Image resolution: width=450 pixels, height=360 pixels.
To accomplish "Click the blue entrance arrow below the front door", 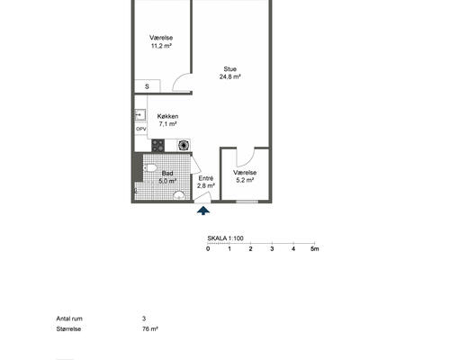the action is (203, 211).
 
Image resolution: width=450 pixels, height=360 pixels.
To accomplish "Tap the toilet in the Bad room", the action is (149, 168).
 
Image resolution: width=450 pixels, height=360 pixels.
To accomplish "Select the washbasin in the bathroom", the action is (179, 195).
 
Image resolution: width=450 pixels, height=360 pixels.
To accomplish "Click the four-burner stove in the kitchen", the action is (158, 146).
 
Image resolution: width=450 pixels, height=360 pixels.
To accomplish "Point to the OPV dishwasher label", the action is (141, 129).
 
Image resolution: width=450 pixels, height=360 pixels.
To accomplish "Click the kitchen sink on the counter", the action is (140, 114).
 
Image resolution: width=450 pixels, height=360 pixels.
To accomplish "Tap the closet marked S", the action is (147, 86).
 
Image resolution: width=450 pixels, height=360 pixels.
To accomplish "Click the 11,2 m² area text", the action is (161, 46).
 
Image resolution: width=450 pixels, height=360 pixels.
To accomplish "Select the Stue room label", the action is (230, 69).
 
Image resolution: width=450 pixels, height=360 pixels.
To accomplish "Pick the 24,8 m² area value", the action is (230, 76).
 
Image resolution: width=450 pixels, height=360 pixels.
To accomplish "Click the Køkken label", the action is (167, 116).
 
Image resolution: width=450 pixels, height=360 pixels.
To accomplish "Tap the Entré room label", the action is (206, 178).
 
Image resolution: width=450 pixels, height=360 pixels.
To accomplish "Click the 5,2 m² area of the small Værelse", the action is (245, 180).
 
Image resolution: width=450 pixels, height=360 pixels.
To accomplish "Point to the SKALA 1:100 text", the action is (225, 238).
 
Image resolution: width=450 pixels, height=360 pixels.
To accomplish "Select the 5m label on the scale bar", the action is (315, 248).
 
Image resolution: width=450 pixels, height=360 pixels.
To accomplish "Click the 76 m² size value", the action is (150, 329).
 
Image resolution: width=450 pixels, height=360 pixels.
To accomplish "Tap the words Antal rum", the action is (69, 319).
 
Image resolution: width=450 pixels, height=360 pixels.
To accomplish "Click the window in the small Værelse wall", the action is (247, 202).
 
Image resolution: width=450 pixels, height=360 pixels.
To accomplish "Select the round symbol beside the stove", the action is (183, 146).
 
